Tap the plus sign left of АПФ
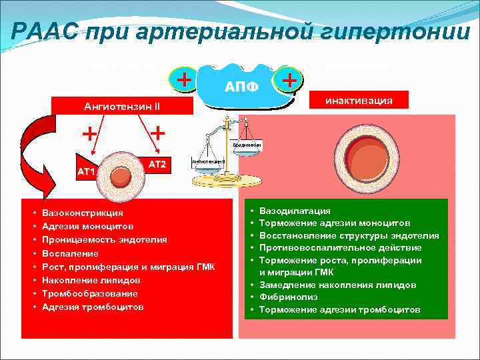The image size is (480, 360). click(183, 81)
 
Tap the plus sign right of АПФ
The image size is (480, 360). click(289, 81)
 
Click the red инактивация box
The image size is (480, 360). click(358, 101)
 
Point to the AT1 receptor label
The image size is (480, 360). click(87, 171)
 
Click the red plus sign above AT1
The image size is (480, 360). click(87, 134)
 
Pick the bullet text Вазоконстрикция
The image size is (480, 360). click(82, 213)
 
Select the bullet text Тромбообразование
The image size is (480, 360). click(89, 293)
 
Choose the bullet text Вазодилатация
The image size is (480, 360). click(294, 211)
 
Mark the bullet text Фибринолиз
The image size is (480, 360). click(285, 297)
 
